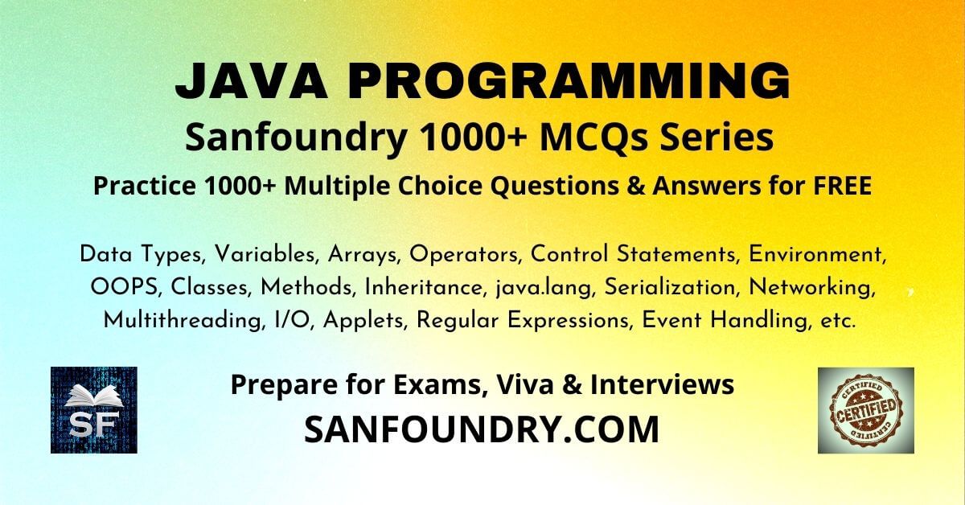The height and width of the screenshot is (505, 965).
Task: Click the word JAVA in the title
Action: pyautogui.click(x=251, y=81)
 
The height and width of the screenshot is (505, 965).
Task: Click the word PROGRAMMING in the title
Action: pyautogui.click(x=569, y=81)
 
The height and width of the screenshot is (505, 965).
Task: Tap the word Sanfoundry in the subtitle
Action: pyautogui.click(x=296, y=138)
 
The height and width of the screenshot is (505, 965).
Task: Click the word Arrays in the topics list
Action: pyautogui.click(x=362, y=255)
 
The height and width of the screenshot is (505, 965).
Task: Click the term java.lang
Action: pyautogui.click(x=544, y=288)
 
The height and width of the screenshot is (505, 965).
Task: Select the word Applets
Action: pyautogui.click(x=364, y=322)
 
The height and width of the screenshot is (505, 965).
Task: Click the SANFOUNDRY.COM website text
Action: pyautogui.click(x=482, y=429)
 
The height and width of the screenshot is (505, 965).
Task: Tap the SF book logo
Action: pyautogui.click(x=94, y=410)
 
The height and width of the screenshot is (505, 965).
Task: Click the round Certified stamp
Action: pyautogui.click(x=866, y=409)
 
